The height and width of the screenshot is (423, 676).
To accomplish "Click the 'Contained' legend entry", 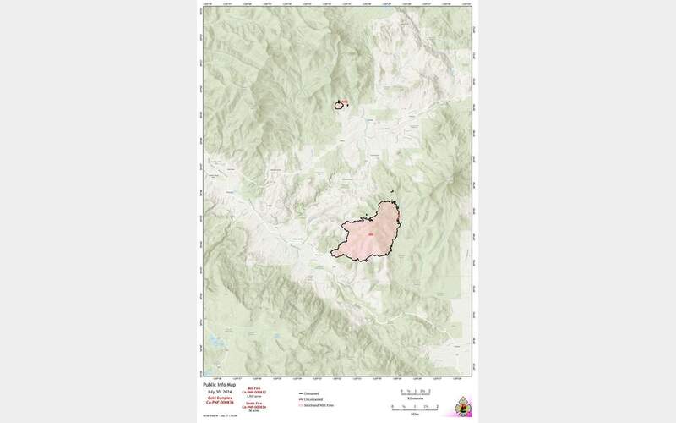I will [x=313, y=393].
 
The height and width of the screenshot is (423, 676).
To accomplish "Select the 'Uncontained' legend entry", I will [x=314, y=399].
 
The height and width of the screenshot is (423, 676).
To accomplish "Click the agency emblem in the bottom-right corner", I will [x=461, y=405].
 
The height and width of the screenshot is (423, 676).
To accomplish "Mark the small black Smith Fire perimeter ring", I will [x=340, y=105].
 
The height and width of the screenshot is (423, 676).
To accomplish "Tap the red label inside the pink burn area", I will [x=369, y=233].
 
